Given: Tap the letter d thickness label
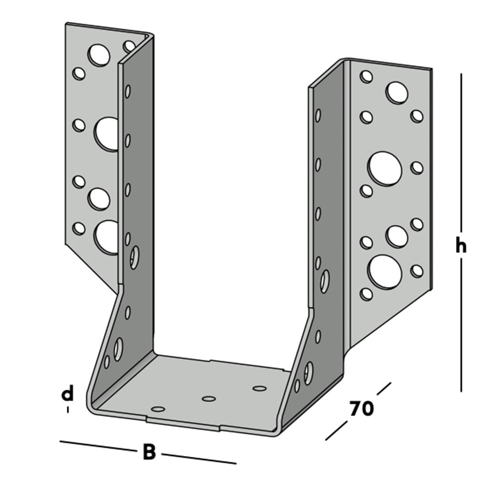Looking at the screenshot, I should [68, 394].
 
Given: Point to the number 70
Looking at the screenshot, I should [361, 409].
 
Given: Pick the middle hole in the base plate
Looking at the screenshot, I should [208, 399].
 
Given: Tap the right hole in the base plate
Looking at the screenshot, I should [259, 388].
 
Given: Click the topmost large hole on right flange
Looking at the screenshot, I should [397, 93].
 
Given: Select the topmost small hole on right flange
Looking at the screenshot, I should [366, 76].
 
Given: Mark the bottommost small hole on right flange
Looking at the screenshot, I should [366, 294].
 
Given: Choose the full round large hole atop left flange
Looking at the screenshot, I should [99, 55].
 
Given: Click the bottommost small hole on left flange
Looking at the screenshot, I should [79, 228].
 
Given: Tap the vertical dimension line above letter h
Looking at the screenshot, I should [461, 153].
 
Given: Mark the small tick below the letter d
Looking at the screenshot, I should [68, 409].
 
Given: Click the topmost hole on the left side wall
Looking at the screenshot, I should [128, 91].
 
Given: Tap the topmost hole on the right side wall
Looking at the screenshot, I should [318, 115].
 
